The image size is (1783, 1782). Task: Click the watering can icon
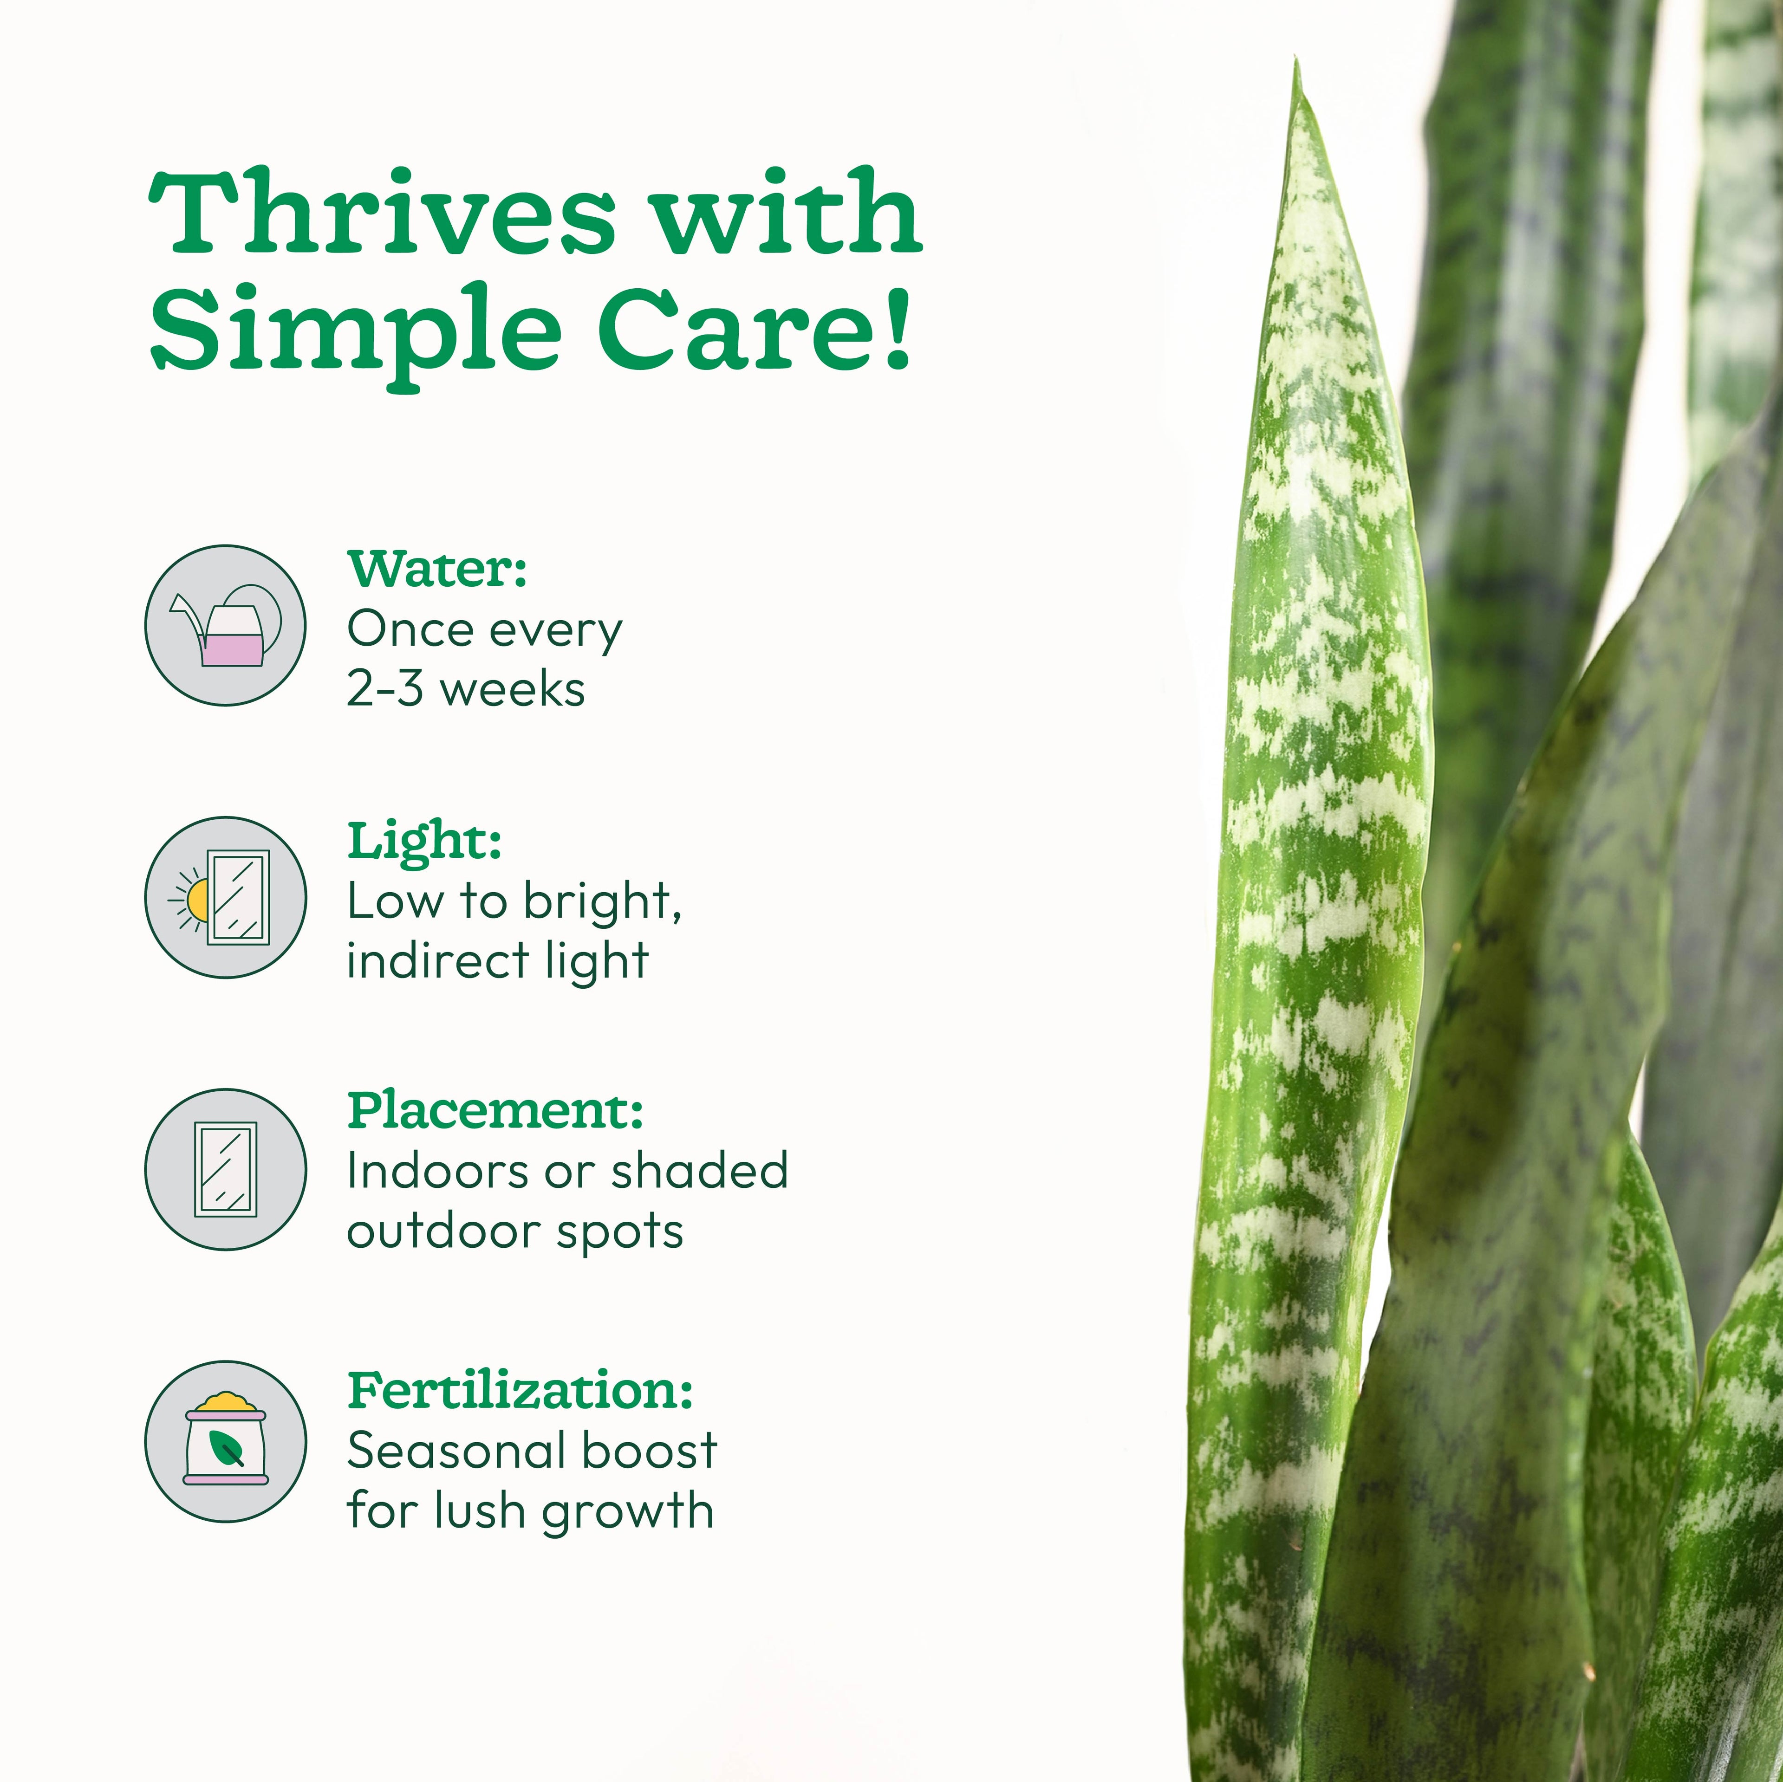click(225, 626)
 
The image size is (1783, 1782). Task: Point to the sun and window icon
click(225, 897)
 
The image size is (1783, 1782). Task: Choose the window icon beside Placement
click(225, 1168)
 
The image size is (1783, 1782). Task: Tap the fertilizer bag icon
click(225, 1441)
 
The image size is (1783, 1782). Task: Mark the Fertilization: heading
click(520, 1390)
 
